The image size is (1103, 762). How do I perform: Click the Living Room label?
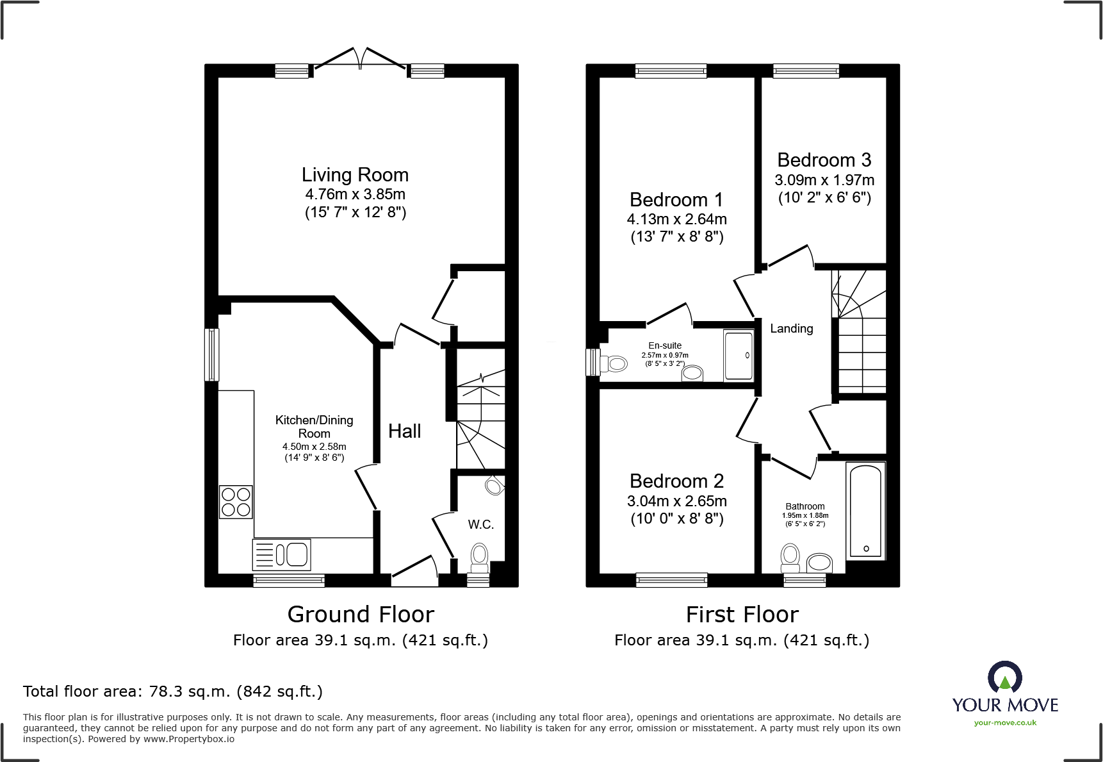click(355, 175)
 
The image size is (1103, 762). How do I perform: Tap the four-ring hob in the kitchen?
click(236, 502)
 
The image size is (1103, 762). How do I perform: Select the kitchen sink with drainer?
click(282, 554)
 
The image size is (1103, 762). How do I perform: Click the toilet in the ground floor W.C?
click(479, 558)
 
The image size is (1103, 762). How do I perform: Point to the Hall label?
click(404, 431)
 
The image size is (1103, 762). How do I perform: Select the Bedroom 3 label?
click(824, 160)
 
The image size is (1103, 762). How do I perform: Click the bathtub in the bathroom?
click(865, 511)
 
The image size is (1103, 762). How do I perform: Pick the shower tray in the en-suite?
click(739, 356)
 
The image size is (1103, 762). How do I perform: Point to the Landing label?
click(791, 329)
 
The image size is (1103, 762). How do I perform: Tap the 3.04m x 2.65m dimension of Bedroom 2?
click(676, 501)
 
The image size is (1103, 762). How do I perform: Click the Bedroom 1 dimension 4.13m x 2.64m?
click(676, 219)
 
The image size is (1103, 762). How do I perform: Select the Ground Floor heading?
click(361, 615)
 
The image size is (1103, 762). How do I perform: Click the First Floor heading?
click(742, 615)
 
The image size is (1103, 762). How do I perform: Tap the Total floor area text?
click(173, 692)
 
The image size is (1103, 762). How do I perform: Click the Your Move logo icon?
click(1004, 677)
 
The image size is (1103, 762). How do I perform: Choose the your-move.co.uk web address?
click(1004, 723)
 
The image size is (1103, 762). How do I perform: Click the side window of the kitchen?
click(211, 354)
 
